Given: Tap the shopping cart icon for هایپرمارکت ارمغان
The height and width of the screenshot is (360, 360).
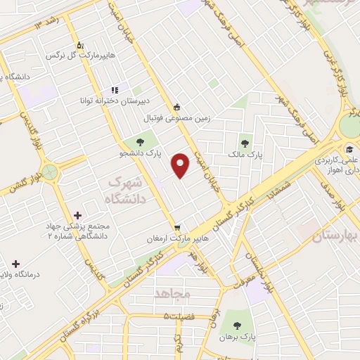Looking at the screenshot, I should [x=178, y=227].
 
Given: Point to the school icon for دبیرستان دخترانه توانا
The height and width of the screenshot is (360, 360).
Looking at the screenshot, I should [x=113, y=91].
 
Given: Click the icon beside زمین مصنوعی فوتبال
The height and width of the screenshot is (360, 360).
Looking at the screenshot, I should [x=177, y=108].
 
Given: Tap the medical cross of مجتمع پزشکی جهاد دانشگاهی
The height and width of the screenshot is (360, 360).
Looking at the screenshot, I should [x=77, y=214].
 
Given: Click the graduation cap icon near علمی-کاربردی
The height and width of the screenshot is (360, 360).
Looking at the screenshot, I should [x=349, y=148].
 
